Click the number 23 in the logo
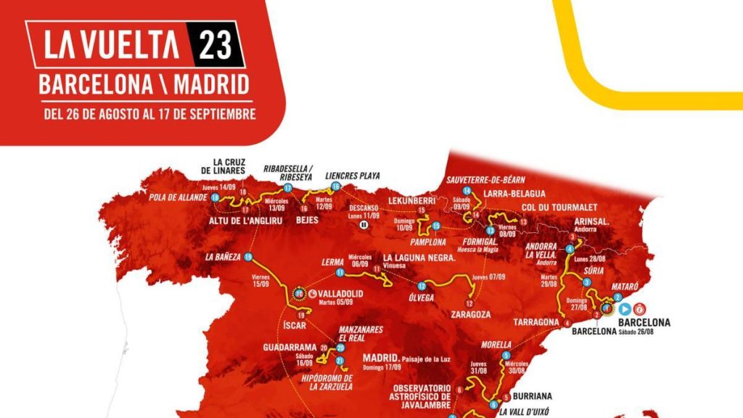[216, 44]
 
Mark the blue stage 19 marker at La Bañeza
[248, 257]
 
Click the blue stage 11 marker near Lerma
[339, 273]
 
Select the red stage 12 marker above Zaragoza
[469, 303]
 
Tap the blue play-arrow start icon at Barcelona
[623, 308]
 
